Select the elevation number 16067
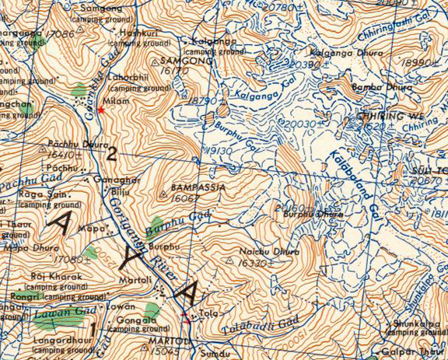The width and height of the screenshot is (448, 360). click(x=184, y=198)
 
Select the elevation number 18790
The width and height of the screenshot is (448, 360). click(x=204, y=101)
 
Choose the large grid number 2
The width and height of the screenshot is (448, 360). click(x=112, y=153)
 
